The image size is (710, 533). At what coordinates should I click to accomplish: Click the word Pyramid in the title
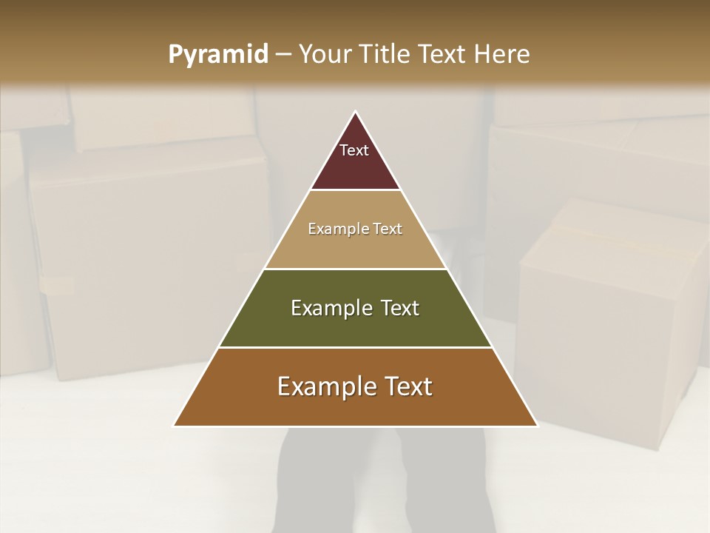tap(218, 55)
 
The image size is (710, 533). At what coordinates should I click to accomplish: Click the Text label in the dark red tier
tap(354, 150)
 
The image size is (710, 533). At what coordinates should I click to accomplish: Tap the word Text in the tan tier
tap(388, 229)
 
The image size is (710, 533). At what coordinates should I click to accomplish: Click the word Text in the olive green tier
tap(400, 309)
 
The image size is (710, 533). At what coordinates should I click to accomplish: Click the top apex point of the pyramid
tap(356, 112)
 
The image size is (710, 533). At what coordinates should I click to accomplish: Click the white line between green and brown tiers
tap(355, 348)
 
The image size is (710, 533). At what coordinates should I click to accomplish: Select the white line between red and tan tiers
tap(355, 190)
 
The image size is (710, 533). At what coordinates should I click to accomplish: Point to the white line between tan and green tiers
tap(355, 269)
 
